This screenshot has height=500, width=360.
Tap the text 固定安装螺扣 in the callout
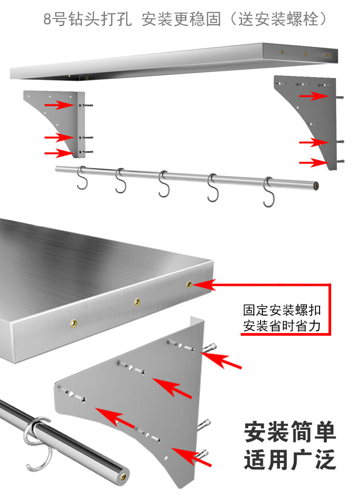click(282, 311)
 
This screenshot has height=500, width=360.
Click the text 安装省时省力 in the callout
click(282, 325)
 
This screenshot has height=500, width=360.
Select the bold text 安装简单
click(290, 432)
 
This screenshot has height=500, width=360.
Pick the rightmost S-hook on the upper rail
click(268, 192)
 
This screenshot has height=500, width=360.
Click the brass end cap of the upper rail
click(317, 185)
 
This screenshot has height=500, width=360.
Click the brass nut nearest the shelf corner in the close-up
click(189, 284)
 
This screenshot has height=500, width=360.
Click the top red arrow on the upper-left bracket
click(58, 105)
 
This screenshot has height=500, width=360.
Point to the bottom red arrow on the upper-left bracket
click(58, 153)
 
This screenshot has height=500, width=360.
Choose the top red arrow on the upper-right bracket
click(314, 96)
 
